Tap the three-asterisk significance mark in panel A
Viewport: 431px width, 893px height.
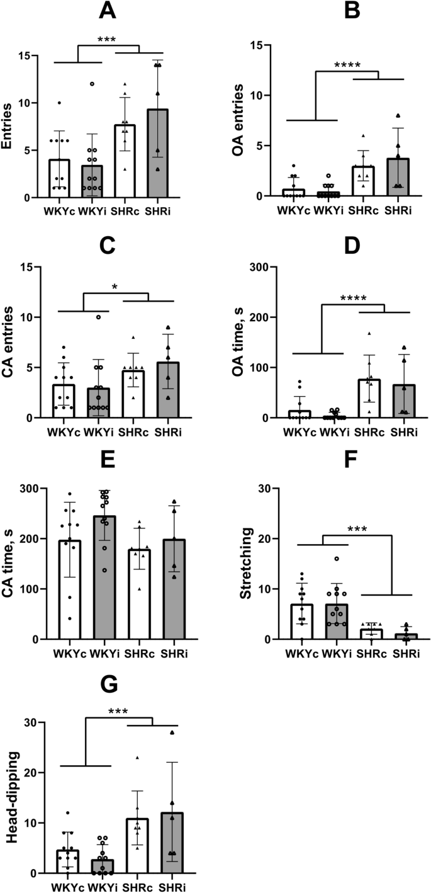(108, 39)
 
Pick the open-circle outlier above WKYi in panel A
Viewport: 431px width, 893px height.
(91, 84)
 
